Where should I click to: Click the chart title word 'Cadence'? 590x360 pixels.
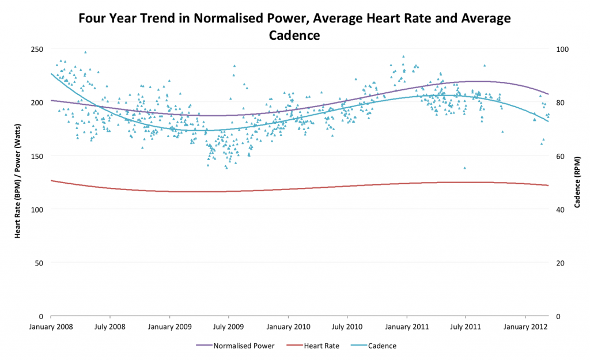(294, 35)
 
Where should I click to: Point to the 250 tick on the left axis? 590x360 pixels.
(37, 49)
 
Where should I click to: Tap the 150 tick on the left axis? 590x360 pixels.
(37, 156)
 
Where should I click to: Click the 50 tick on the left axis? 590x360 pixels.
(39, 263)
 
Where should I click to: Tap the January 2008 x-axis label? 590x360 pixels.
(51, 327)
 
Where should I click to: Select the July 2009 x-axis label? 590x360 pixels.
(229, 327)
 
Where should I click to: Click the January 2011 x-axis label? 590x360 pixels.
(407, 327)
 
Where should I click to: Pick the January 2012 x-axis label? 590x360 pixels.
(525, 327)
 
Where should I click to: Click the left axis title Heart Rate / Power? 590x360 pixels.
(18, 183)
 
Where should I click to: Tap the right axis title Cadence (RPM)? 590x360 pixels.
(577, 183)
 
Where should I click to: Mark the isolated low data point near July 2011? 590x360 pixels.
(464, 168)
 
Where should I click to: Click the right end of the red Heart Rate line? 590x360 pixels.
(548, 185)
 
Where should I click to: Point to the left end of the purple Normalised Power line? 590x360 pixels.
(51, 100)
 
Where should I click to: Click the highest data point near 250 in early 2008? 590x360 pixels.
(85, 52)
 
